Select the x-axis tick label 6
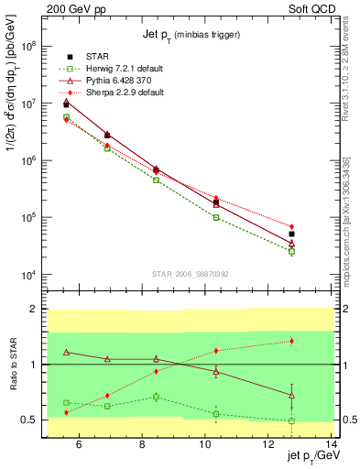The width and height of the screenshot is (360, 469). (79, 446)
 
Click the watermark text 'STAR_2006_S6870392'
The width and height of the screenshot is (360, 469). (191, 274)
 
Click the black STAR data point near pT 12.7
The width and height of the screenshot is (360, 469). (317, 234)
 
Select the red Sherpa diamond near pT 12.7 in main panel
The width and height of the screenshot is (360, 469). (317, 226)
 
